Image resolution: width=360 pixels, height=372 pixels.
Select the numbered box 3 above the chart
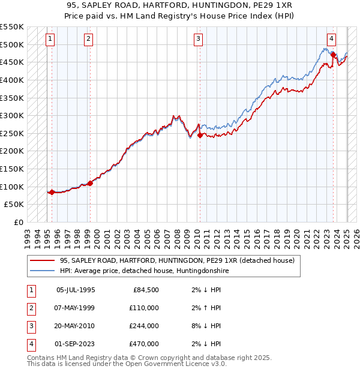tap(198, 40)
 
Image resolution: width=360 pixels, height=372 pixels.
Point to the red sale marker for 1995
tap(52, 192)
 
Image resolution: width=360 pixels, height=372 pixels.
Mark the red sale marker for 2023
tap(333, 55)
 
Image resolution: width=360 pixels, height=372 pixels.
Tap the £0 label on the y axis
tap(18, 222)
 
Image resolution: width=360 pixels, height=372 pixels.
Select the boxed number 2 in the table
tap(31, 308)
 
